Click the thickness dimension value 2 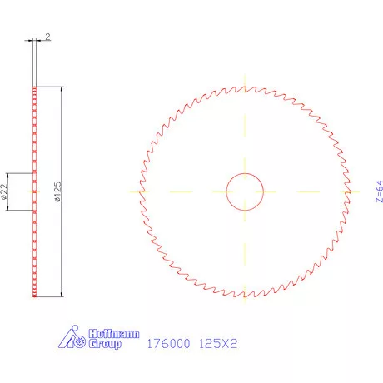[49, 37]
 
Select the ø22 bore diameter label [5, 192]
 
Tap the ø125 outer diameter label [57, 192]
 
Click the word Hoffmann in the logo [105, 333]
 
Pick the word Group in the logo [104, 343]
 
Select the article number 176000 [169, 343]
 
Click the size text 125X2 [219, 343]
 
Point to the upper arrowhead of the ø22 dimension [9, 176]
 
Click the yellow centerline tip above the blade [245, 75]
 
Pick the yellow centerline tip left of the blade [129, 191]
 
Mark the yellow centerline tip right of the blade [360, 191]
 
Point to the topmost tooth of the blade [245, 87]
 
